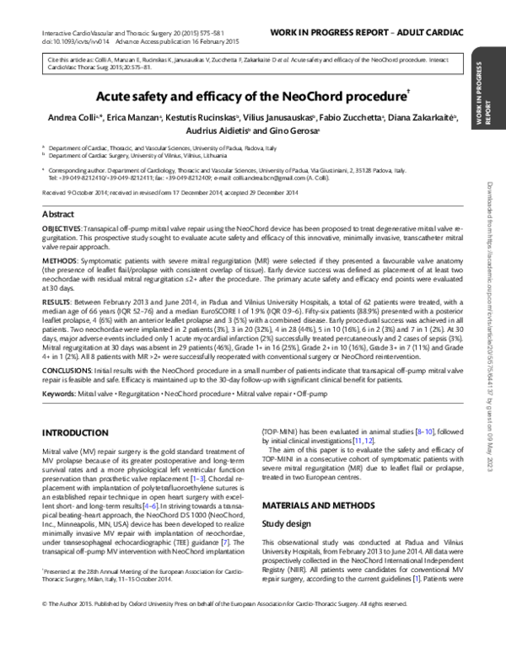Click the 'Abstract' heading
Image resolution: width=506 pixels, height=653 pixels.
[57, 215]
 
